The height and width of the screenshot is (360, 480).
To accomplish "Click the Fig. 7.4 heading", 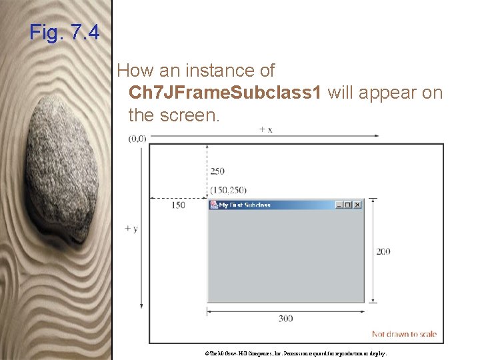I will pos(65,32).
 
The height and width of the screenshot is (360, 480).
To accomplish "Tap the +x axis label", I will pos(265,129).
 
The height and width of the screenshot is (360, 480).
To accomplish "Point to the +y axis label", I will pos(131,229).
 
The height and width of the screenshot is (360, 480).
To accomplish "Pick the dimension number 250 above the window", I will pos(217,171).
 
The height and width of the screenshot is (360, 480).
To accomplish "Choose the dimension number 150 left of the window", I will pos(178,205).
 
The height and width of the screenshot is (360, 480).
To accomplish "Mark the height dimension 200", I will pos(383,251).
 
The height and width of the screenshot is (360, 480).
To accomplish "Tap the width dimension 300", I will pos(285,319).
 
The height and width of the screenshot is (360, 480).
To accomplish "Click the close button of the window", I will pos(357,205).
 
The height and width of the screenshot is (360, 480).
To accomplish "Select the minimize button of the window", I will pos(339,205).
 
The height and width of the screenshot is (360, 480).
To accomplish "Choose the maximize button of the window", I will pos(348,205).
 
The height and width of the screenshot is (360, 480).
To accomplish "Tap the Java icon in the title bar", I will pos(213,205).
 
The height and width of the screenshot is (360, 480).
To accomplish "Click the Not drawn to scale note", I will pos(404,334).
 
